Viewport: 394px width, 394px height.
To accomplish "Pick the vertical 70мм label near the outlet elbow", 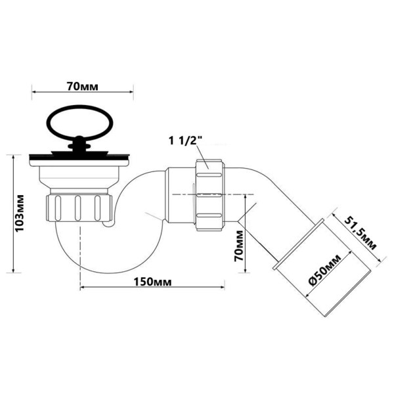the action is [x=240, y=242].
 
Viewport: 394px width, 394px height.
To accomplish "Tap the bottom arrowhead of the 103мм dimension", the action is [x=13, y=271].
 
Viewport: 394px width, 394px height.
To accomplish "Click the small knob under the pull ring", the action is [x=79, y=140].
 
